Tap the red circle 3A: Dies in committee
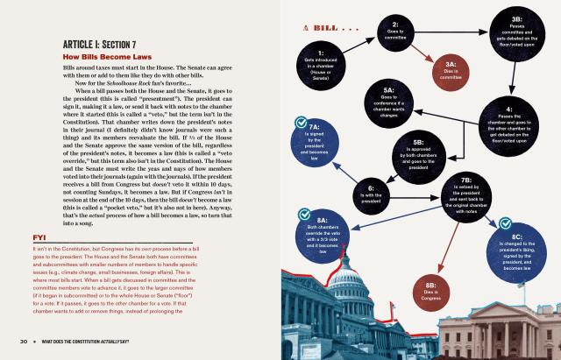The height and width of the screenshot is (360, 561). [450, 70]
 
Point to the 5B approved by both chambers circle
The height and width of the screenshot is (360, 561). [418, 155]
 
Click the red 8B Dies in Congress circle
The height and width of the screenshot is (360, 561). [430, 291]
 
